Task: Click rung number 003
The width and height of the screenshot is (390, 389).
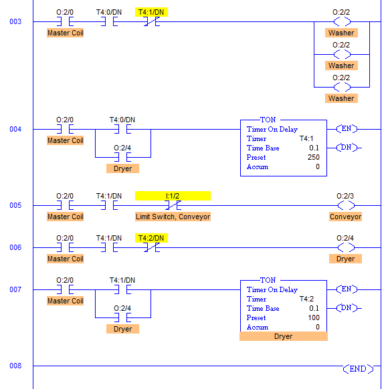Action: tap(15, 21)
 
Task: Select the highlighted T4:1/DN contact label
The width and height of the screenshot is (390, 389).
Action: tap(151, 12)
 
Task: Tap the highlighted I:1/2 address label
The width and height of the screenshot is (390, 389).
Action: tap(173, 196)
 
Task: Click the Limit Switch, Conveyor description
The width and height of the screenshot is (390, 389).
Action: tap(173, 217)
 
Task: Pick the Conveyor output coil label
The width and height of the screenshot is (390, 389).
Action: tap(345, 217)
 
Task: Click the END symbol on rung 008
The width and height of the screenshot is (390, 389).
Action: tap(358, 369)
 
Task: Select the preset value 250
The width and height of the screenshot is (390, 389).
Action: tap(313, 157)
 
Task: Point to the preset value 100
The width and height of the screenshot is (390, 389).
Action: tap(313, 317)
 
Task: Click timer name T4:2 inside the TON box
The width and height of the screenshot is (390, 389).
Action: tap(306, 299)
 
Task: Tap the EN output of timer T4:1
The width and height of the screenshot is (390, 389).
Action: tap(347, 129)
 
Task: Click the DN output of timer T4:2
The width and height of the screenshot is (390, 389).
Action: tap(347, 308)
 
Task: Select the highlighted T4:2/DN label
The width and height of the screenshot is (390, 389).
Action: tap(151, 238)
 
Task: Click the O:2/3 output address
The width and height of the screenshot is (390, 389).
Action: tap(345, 196)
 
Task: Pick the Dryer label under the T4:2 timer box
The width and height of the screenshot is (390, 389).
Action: tap(283, 336)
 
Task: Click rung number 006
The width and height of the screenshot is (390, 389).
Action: tap(15, 247)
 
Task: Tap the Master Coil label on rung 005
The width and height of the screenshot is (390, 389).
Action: tap(65, 217)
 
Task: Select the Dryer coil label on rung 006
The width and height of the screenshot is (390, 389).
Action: tap(345, 259)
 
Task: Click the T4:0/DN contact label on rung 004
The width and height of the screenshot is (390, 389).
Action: tap(122, 120)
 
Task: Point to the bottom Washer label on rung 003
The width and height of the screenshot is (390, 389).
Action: tap(341, 98)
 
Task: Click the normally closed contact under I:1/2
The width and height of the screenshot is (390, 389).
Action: tap(173, 205)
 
